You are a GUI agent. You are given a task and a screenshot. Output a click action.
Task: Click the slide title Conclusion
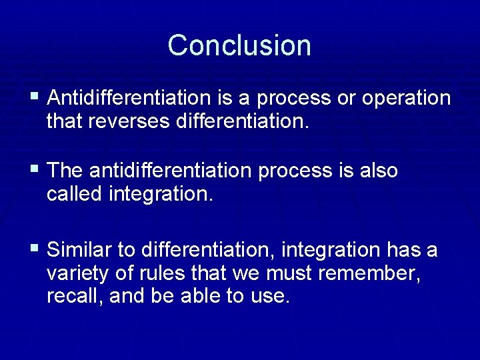click(x=239, y=45)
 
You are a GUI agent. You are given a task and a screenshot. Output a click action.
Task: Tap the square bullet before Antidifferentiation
click(x=34, y=98)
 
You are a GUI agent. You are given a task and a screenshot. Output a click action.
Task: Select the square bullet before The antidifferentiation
click(x=34, y=171)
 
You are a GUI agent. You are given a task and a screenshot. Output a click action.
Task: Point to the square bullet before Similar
click(x=34, y=250)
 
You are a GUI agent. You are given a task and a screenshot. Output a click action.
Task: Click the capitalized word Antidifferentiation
click(x=129, y=98)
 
